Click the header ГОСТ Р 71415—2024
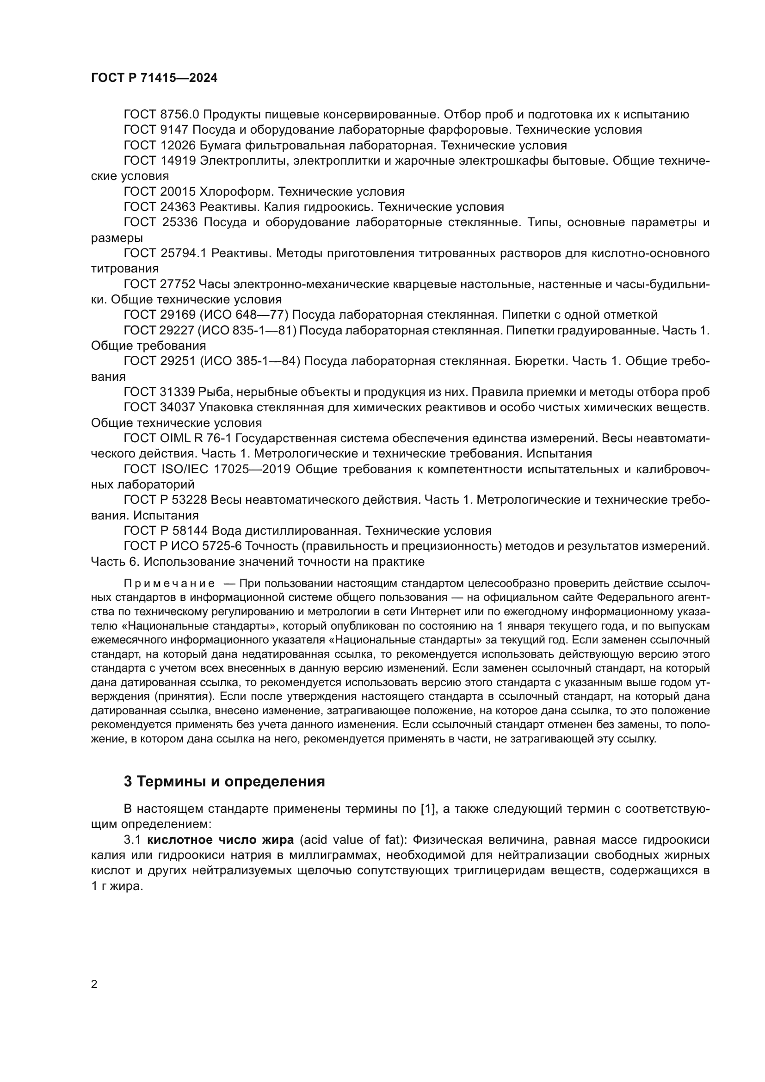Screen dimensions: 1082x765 coord(154,78)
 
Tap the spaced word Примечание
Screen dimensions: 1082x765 coord(170,584)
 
